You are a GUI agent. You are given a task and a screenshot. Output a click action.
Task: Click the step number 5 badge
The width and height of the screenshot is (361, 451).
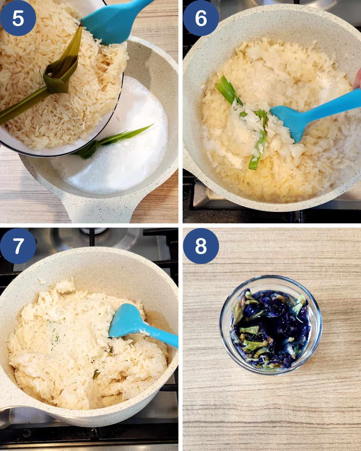[18, 18]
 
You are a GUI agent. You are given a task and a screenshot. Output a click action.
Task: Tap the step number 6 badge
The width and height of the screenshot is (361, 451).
[201, 18]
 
